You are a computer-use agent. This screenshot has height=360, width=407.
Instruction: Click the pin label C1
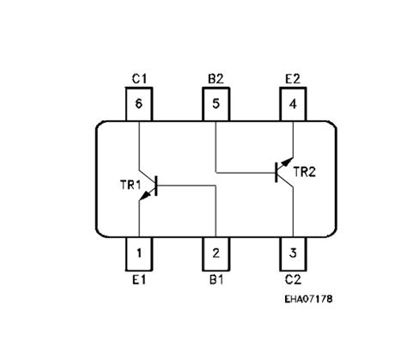139,79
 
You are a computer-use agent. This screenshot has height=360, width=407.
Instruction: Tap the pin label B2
216,79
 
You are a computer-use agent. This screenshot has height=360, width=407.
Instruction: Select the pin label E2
293,79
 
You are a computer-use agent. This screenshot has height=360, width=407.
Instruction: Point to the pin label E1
139,280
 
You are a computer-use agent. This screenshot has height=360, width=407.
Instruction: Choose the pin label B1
216,280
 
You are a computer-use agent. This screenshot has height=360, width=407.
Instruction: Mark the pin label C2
293,280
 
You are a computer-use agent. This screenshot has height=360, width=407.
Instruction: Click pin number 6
139,104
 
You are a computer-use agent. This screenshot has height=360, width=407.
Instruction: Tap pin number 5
216,104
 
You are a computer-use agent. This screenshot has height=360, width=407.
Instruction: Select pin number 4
293,104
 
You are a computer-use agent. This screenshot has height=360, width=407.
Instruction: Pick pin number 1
139,253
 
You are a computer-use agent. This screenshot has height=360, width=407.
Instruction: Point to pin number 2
216,253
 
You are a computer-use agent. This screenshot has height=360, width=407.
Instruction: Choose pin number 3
293,253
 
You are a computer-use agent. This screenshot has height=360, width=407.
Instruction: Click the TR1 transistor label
131,185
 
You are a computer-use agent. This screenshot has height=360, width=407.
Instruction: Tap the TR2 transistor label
305,172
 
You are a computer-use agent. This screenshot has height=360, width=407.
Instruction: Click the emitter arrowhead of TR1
146,195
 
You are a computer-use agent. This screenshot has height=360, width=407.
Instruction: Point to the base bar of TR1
156,186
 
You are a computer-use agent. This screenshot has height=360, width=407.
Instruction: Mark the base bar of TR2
276,173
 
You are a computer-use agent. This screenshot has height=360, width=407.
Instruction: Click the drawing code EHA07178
308,299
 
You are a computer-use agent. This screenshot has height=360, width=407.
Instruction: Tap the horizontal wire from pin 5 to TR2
246,173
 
